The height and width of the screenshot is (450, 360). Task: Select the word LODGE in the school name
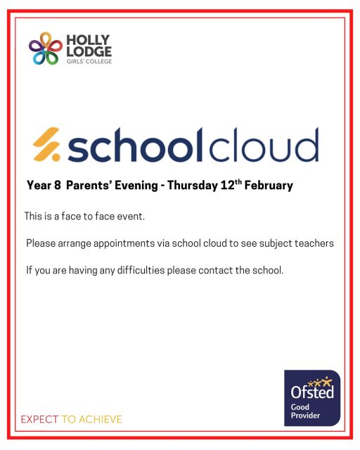[x=84, y=51]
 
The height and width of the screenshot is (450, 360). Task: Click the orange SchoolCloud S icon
[x=49, y=145]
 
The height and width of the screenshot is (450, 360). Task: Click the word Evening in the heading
[x=138, y=186]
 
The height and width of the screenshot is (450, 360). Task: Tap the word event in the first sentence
[x=131, y=217]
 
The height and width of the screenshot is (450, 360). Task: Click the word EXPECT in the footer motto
[x=40, y=419]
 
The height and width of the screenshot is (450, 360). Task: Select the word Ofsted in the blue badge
[x=312, y=393]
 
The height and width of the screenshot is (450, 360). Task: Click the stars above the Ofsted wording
[x=321, y=381]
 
